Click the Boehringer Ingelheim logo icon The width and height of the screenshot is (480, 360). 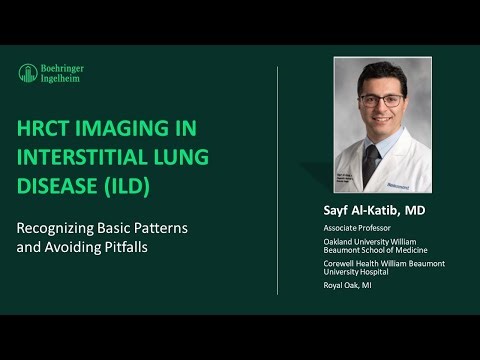[28, 73]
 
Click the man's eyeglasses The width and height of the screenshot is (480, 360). [381, 99]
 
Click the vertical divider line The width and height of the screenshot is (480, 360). [277, 180]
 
